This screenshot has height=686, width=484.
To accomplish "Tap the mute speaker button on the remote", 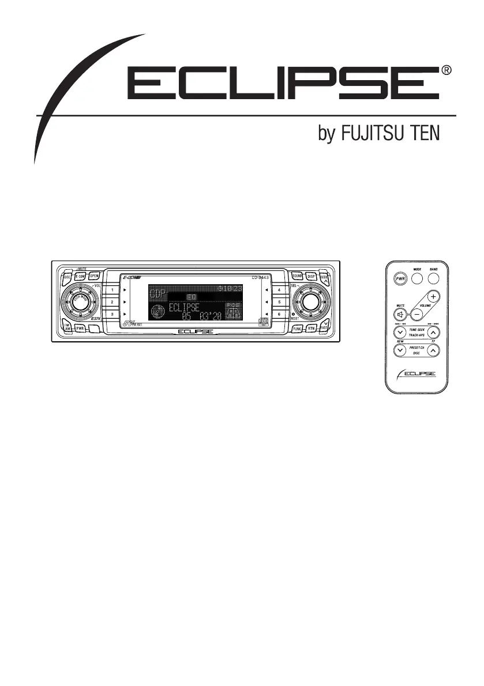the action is tap(399, 315).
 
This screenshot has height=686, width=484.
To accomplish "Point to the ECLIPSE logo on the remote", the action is tap(417, 374).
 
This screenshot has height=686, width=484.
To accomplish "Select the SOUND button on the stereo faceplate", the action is tap(297, 276).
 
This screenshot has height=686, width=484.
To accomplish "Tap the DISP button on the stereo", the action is tap(312, 276).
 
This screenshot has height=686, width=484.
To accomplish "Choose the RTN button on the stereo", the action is tap(312, 328).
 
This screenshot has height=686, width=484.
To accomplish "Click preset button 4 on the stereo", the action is tap(279, 289).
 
